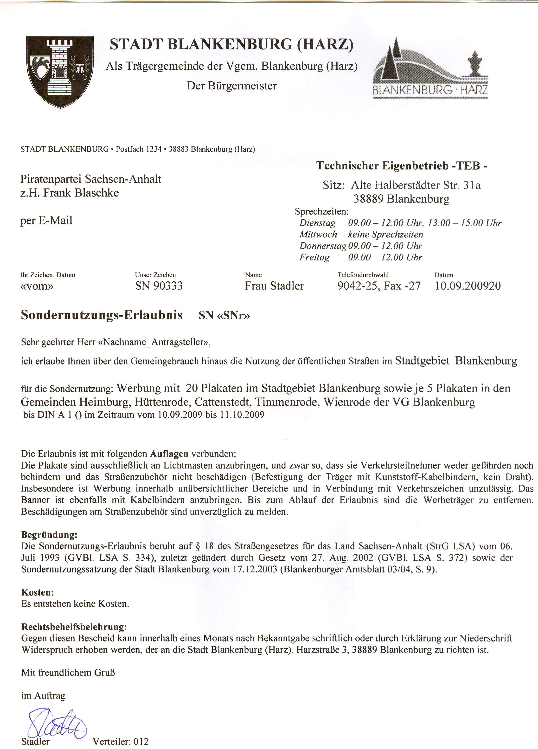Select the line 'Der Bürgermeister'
click(231, 86)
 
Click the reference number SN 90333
click(159, 286)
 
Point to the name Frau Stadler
click(275, 286)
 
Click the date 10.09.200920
click(468, 286)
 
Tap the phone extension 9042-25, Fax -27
click(379, 286)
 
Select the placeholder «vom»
click(37, 286)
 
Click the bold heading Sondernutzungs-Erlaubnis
click(102, 315)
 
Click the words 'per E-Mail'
click(46, 220)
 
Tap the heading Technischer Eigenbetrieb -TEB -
click(401, 166)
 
